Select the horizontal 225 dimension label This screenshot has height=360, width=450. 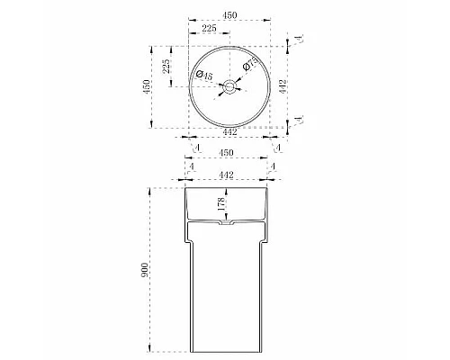209,29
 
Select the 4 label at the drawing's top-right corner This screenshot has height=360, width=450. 297,39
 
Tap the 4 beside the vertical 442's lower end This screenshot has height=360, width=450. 297,118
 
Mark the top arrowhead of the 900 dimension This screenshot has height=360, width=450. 149,189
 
